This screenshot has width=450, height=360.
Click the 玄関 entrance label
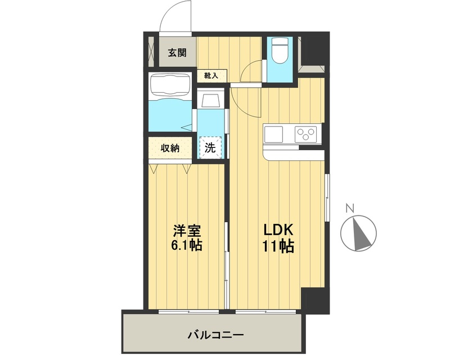click(177, 53)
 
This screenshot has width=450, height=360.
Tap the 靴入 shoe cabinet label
click(211, 75)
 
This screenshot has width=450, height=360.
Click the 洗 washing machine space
click(210, 148)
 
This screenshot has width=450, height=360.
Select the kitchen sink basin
click(274, 134)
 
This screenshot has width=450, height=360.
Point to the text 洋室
click(187, 231)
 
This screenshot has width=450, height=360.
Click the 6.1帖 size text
click(187, 246)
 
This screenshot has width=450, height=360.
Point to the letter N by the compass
click(349, 208)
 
